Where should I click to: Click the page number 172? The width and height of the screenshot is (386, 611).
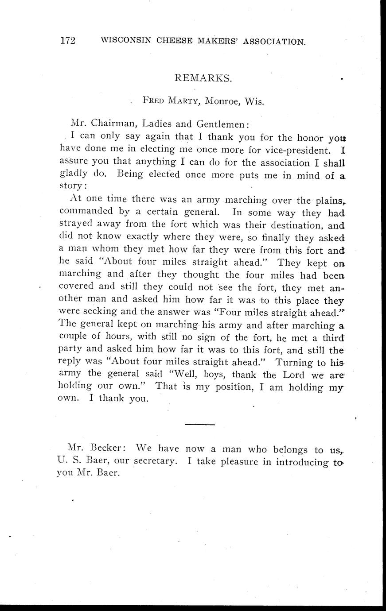coord(68,41)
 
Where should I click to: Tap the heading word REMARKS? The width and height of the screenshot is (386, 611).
coord(203,78)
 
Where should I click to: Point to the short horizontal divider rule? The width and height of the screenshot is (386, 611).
coord(199,425)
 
